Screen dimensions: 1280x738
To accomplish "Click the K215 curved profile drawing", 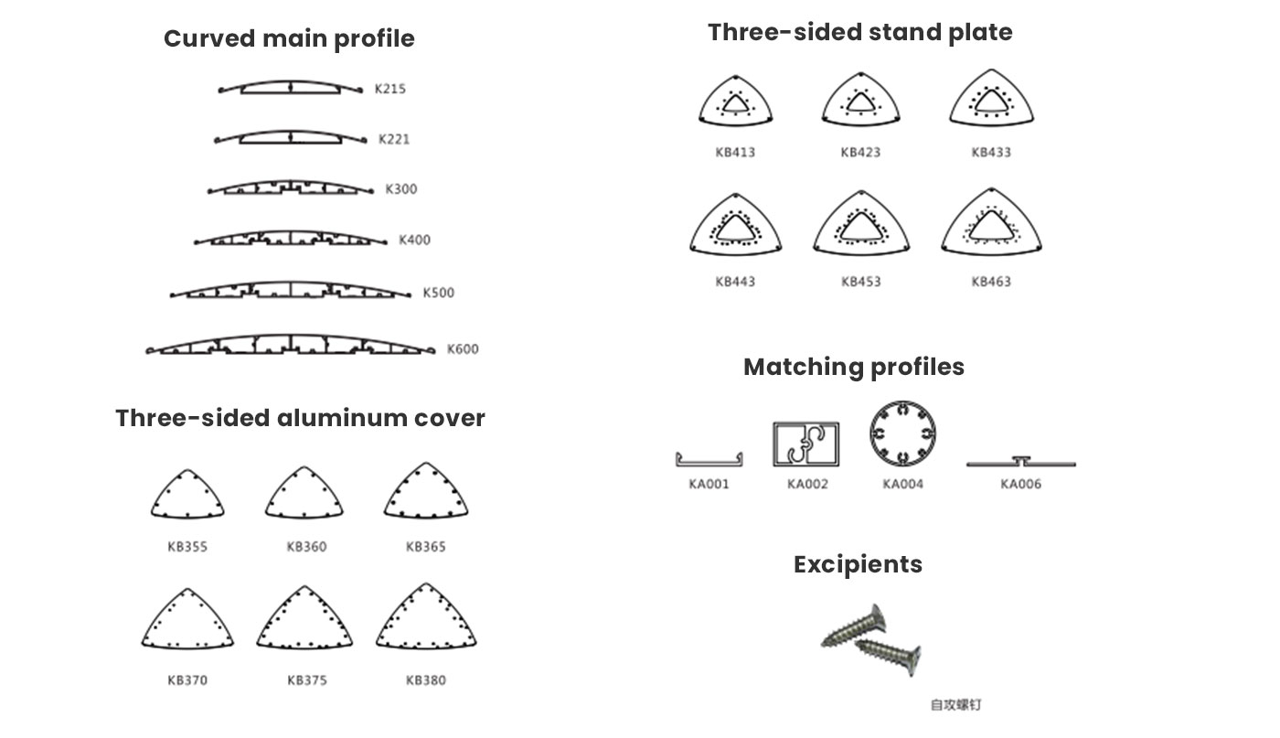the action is coord(291,81).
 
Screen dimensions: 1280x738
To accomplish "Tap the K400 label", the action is coord(414,241).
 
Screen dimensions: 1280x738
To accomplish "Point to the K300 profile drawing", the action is coord(291,183).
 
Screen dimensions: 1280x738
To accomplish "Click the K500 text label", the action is coord(438,293).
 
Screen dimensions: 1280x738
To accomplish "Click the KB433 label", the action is coord(991,152).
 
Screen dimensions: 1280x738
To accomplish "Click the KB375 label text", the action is coord(307,680).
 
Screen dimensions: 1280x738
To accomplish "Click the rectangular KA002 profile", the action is coord(775,444).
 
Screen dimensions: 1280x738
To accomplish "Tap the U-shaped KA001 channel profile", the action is coord(709,463).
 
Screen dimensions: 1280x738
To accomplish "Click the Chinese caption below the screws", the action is coord(956,705).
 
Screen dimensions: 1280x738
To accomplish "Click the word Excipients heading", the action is coord(858,565).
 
